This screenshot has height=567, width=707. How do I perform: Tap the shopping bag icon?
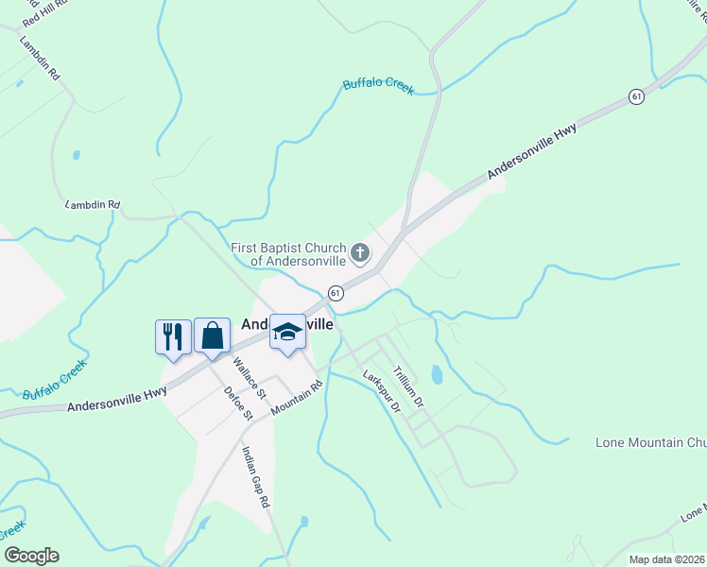[x=212, y=335]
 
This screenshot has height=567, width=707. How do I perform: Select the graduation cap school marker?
[x=287, y=332]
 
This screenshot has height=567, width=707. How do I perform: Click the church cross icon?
[x=359, y=252]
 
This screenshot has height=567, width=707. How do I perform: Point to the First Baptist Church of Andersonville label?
[x=288, y=254]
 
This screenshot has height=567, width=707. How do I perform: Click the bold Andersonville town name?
[x=287, y=323]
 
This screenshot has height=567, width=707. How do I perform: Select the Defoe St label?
[x=239, y=403]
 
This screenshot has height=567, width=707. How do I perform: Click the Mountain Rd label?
[x=297, y=398]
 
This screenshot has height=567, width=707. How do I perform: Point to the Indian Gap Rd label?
[x=256, y=477]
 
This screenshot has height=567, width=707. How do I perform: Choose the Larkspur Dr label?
[x=382, y=390]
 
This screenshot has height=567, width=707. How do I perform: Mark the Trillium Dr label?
[x=410, y=387]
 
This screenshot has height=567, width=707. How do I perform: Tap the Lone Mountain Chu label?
[x=651, y=442]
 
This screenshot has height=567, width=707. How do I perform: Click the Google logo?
[x=31, y=556]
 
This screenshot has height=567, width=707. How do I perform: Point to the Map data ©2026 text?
[x=667, y=559]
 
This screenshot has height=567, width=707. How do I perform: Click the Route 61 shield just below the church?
[x=335, y=293]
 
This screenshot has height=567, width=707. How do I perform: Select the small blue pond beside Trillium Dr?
[x=436, y=374]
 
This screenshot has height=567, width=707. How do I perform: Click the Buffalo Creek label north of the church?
[x=378, y=86]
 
